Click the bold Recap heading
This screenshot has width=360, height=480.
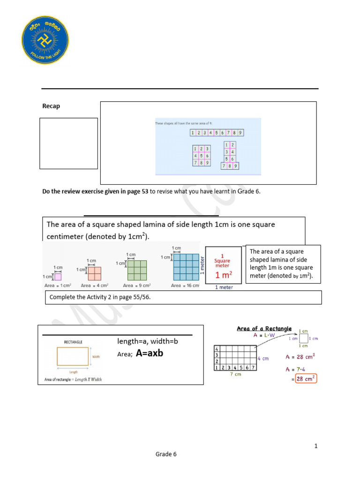pos(51,106)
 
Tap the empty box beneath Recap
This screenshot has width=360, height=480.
pos(68,143)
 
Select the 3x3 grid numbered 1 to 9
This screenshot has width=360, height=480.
pos(201,156)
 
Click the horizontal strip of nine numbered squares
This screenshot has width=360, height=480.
pos(217,133)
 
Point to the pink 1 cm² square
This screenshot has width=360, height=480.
pos(58,277)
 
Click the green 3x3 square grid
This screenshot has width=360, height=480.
pos(136,270)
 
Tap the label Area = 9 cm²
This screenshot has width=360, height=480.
pos(136,285)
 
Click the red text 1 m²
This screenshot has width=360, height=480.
pos(222,275)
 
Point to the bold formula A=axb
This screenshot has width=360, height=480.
pos(150,353)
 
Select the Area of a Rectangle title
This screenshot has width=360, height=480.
pos(264,329)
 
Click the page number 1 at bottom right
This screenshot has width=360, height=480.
pos(316,446)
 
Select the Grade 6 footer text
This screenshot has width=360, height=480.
pos(166,454)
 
